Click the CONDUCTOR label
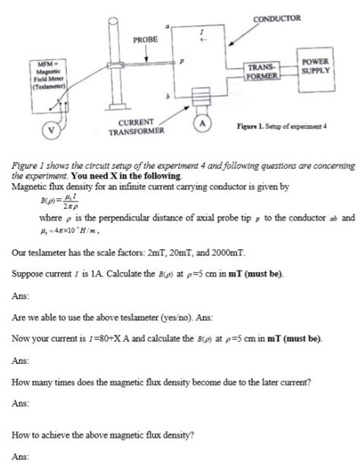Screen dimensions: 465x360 coord(276,17)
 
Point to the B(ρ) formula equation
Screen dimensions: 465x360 coord(43,206)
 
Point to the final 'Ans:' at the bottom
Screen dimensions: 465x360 coord(21,456)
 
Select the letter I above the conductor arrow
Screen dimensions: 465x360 coord(201,33)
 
